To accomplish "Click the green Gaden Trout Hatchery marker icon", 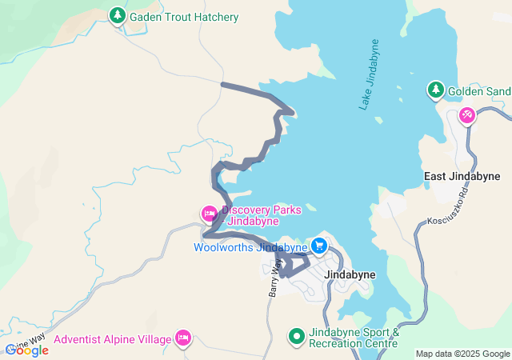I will tap(118, 16).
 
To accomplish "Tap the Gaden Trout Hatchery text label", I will tap(184, 17).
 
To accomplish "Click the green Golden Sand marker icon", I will tap(435, 90).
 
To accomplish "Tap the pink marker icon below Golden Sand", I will tap(467, 116).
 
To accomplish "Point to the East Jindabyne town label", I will tap(462, 176).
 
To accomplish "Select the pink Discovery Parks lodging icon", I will tap(208, 213).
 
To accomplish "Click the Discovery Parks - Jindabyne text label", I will tap(261, 215).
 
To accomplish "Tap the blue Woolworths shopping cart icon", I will tap(319, 246).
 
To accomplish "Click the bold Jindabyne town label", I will tap(350, 274).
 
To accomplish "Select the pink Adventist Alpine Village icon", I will tap(183, 339).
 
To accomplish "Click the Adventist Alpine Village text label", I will tap(113, 340).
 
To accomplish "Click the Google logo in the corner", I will tap(26, 350).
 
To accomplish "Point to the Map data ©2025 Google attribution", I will tap(462, 354).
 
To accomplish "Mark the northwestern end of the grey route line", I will tap(222, 84).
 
